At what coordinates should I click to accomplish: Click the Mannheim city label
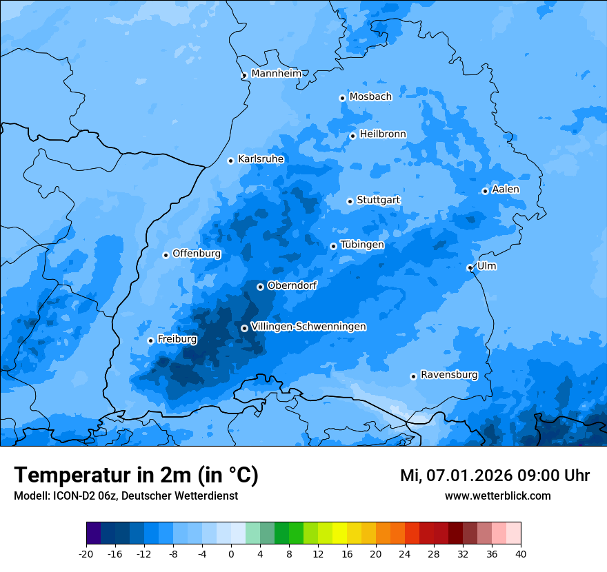tap(277, 74)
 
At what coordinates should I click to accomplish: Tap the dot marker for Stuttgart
tap(350, 201)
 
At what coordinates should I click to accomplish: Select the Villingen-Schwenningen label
tap(308, 327)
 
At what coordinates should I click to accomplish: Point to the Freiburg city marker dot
tap(150, 340)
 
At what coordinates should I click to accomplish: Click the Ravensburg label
tap(449, 375)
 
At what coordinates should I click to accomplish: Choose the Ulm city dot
tap(470, 267)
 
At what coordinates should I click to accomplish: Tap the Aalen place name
tap(506, 190)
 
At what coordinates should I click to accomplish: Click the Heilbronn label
tap(383, 134)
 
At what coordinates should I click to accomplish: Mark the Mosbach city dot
tap(342, 98)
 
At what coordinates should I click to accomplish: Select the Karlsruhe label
tap(261, 159)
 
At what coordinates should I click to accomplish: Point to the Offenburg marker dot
tap(166, 255)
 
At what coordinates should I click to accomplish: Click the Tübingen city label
tap(362, 245)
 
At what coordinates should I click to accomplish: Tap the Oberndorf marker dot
tap(260, 287)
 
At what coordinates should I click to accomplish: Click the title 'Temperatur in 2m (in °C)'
tap(136, 475)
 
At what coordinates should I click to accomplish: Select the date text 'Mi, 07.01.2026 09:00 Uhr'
tap(495, 476)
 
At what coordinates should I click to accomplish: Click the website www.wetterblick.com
tap(497, 496)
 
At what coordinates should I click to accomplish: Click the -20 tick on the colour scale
tap(86, 553)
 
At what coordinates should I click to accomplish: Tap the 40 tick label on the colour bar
tap(521, 553)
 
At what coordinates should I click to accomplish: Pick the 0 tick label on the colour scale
tap(231, 553)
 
